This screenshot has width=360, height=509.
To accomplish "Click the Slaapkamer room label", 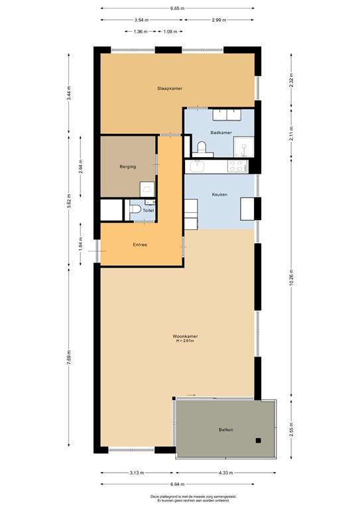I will coord(170,88).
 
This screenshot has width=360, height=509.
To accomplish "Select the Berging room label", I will coord(128,166).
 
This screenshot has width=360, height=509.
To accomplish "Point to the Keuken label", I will coord(219,194).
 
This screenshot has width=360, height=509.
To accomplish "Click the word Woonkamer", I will coord(187,336).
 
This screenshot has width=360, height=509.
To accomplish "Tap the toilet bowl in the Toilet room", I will coord(136,211).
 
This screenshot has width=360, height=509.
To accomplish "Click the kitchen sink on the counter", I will coord(197,166).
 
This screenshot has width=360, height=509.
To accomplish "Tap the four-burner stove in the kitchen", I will coord(237,166).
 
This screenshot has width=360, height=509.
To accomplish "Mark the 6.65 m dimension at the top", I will coord(177,9).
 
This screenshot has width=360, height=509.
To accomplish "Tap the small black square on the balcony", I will coord(259,439).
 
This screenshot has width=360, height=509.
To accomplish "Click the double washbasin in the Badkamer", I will coord(227,115).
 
